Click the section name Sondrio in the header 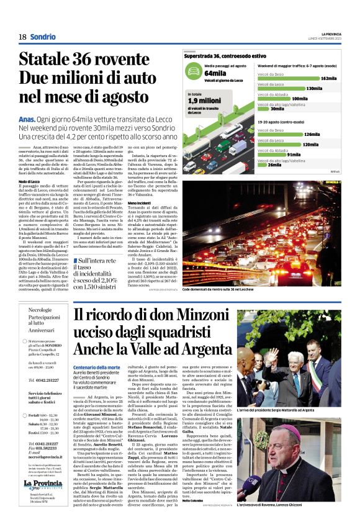click(42, 37)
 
